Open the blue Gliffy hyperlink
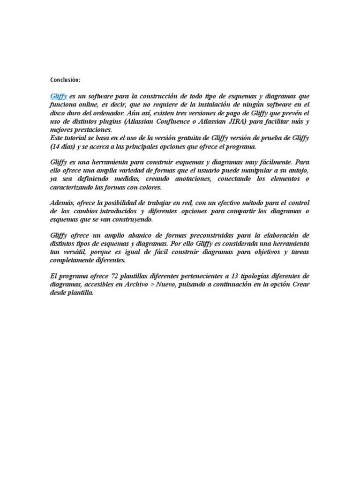(x=59, y=96)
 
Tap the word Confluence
(x=182, y=121)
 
